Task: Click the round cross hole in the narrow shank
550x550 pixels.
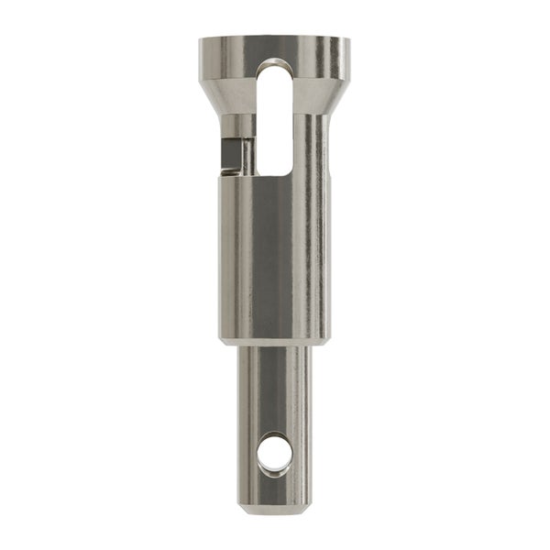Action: [274, 452]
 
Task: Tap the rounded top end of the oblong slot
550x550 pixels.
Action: [275, 67]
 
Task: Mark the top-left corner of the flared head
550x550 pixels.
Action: [202, 40]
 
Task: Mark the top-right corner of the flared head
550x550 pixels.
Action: [348, 40]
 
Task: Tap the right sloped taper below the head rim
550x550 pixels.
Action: [336, 96]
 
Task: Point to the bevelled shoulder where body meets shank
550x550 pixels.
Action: [275, 341]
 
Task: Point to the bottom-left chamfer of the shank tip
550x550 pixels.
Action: [243, 507]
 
